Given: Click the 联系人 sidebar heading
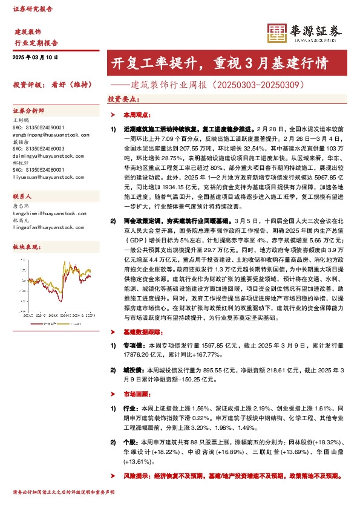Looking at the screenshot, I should point(22,197).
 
